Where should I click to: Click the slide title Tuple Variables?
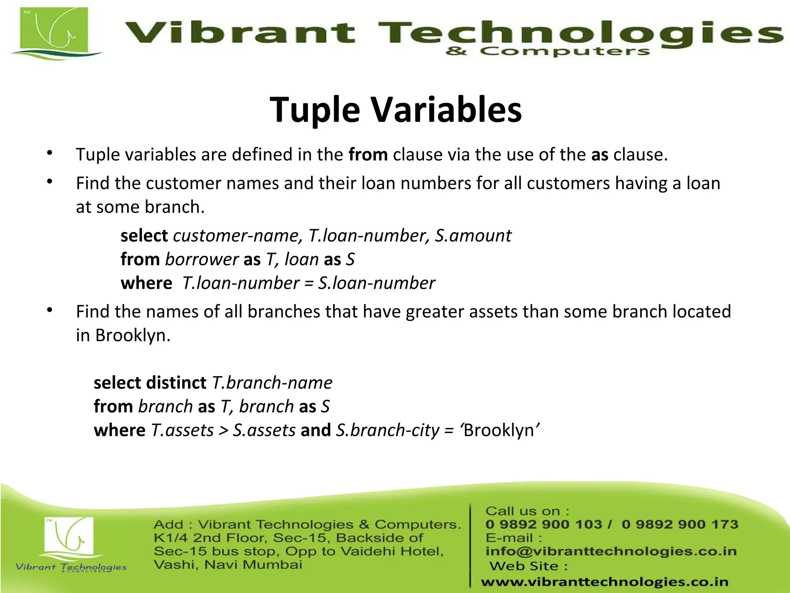[396, 110]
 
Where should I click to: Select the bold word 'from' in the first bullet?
[368, 155]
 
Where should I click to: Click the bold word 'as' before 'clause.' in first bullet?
[599, 155]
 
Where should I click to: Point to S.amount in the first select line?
[473, 236]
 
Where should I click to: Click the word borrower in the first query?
[202, 259]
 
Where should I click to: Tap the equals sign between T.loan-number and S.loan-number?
[309, 283]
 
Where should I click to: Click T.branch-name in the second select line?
[272, 383]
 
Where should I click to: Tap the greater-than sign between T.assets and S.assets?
[223, 430]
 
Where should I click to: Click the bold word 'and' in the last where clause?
[316, 430]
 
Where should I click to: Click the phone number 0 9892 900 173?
[680, 524]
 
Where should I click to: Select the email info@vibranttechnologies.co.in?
[611, 551]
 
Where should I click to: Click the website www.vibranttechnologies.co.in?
[605, 582]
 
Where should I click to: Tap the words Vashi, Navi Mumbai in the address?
[228, 565]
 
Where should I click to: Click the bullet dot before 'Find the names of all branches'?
[49, 310]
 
